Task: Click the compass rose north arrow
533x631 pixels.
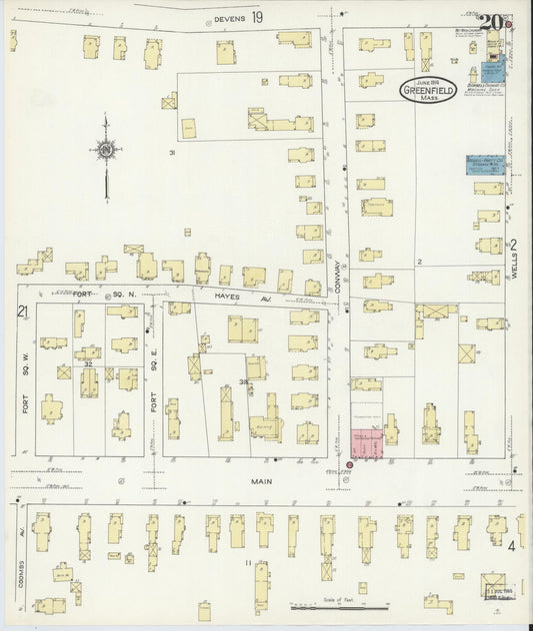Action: [x=105, y=152]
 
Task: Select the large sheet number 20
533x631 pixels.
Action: [x=490, y=21]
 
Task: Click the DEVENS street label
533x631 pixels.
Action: [x=229, y=18]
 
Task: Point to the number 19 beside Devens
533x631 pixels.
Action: [x=258, y=18]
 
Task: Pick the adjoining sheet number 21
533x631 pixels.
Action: [x=21, y=313]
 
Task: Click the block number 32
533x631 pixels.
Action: [x=88, y=364]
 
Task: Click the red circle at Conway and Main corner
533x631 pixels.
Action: [x=350, y=465]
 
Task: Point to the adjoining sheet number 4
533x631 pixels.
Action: [x=511, y=546]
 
